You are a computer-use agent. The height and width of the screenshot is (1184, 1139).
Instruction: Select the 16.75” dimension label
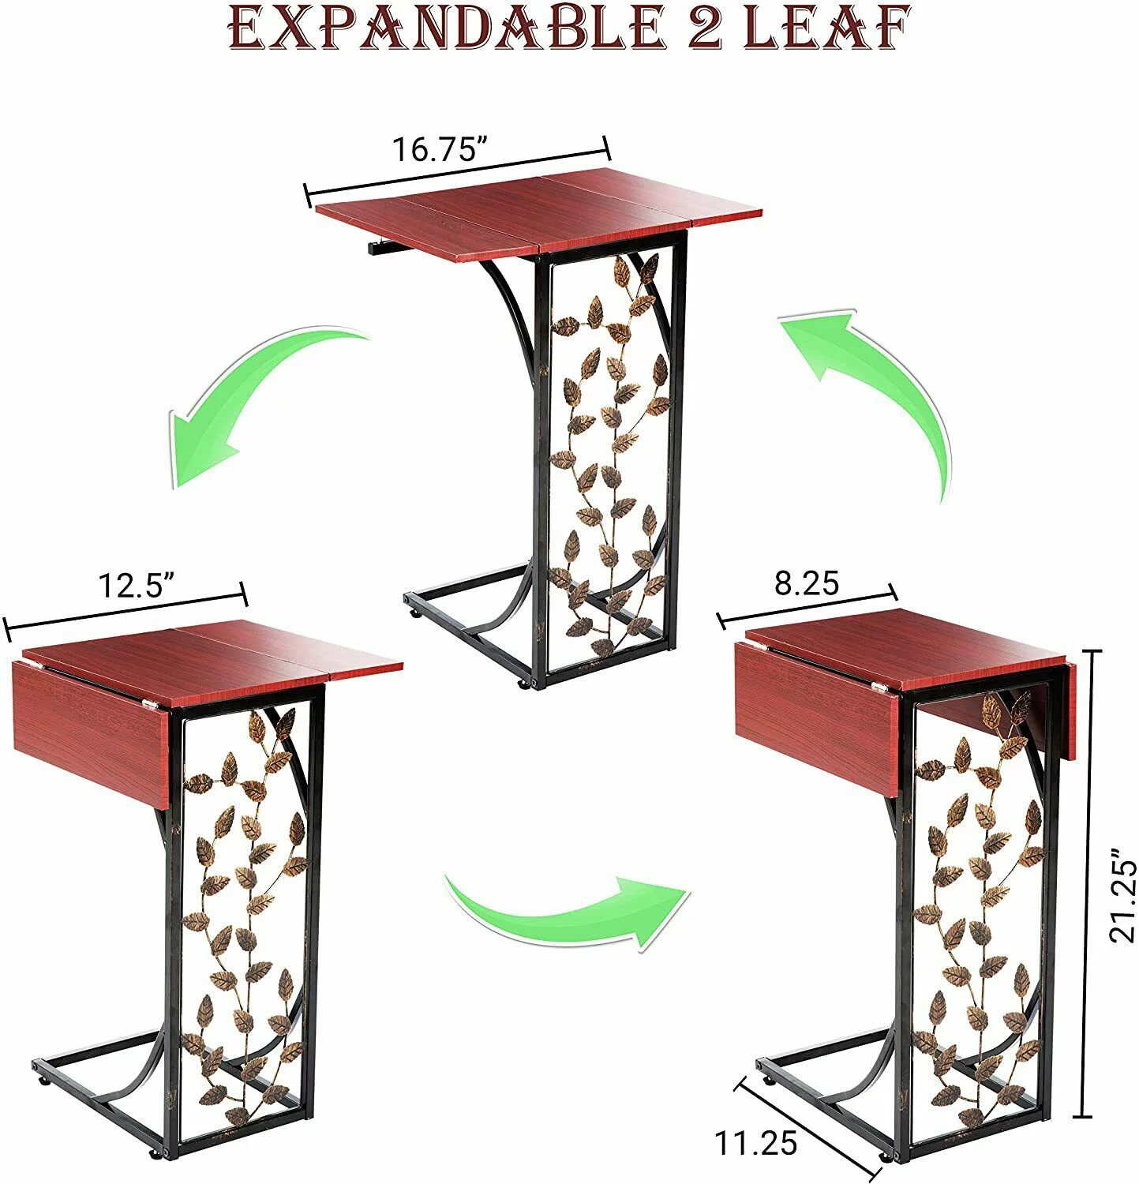click(441, 148)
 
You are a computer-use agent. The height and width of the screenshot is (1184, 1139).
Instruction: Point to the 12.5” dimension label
click(136, 586)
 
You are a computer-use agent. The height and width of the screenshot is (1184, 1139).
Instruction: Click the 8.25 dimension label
click(806, 583)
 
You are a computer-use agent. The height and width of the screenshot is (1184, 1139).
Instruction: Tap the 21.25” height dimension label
click(1122, 895)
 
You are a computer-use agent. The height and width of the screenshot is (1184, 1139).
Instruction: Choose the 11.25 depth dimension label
click(755, 1143)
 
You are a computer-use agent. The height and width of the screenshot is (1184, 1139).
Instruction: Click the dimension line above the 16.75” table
click(458, 170)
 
